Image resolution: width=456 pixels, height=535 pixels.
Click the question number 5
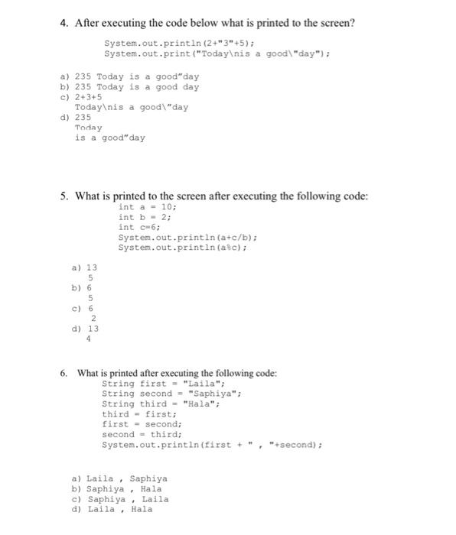[64, 196]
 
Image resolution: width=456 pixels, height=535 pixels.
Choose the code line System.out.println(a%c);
[184, 248]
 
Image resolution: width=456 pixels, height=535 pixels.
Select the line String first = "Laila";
[163, 383]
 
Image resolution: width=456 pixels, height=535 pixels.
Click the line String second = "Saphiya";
[171, 394]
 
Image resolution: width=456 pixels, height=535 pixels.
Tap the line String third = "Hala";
[161, 404]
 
